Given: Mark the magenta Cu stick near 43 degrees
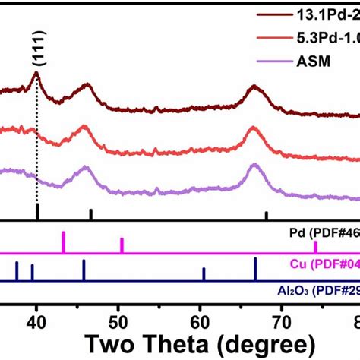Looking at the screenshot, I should tap(63, 242).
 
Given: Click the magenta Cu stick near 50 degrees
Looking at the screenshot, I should tap(122, 245).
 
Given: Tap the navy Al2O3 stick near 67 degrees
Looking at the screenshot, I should tap(255, 269).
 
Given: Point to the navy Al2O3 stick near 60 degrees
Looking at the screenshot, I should tap(204, 274).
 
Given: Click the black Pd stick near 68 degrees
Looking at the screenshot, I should tap(266, 216).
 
